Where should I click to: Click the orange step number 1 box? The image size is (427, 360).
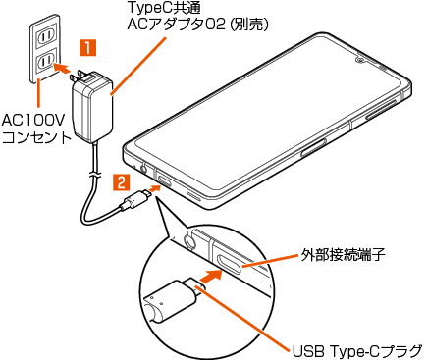[x=87, y=48]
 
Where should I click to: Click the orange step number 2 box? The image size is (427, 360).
[x=122, y=182]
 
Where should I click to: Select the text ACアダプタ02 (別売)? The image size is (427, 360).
[x=197, y=25]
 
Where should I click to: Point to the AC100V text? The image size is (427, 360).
[x=34, y=121]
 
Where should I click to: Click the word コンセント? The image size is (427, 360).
[x=36, y=137]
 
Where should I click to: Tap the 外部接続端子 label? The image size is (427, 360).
[x=343, y=255]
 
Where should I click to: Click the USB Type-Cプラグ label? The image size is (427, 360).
[x=357, y=351]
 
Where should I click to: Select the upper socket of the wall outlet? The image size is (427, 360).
[x=45, y=35]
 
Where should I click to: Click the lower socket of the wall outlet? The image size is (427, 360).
[x=45, y=61]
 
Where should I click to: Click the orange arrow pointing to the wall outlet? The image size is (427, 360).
[x=62, y=68]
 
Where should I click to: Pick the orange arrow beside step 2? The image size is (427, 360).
[x=154, y=188]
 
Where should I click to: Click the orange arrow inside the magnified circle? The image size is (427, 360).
[x=210, y=277]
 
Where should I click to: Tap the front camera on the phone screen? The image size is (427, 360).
[x=360, y=60]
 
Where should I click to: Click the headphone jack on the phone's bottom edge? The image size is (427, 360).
[x=144, y=169]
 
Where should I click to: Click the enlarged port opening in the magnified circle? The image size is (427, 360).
[x=230, y=262]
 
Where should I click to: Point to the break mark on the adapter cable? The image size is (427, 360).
[x=94, y=174]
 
